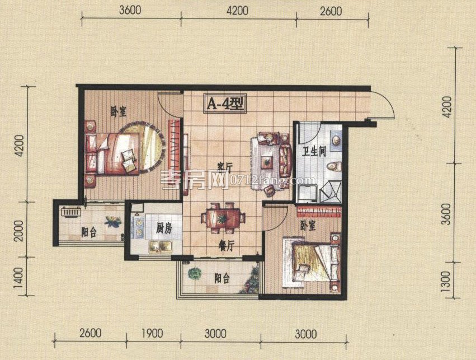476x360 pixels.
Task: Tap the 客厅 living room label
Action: click(x=225, y=167)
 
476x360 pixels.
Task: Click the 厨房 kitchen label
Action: click(x=164, y=228)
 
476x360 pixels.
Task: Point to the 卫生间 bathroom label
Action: click(x=314, y=151)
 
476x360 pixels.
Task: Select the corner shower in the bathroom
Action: click(x=330, y=192)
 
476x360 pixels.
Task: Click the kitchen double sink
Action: click(x=159, y=246)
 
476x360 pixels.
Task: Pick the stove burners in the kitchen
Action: click(x=139, y=227)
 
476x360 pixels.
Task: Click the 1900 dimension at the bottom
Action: click(x=152, y=334)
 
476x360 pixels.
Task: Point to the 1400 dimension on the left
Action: click(x=18, y=278)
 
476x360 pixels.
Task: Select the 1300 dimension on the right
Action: click(x=445, y=281)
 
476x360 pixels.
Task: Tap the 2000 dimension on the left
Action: click(x=18, y=231)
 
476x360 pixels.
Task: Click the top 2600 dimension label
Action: click(x=331, y=12)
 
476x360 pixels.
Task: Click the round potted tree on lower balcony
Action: click(x=195, y=274)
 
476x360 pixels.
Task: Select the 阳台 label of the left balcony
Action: click(x=89, y=232)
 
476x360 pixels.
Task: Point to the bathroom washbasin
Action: click(x=336, y=141)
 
